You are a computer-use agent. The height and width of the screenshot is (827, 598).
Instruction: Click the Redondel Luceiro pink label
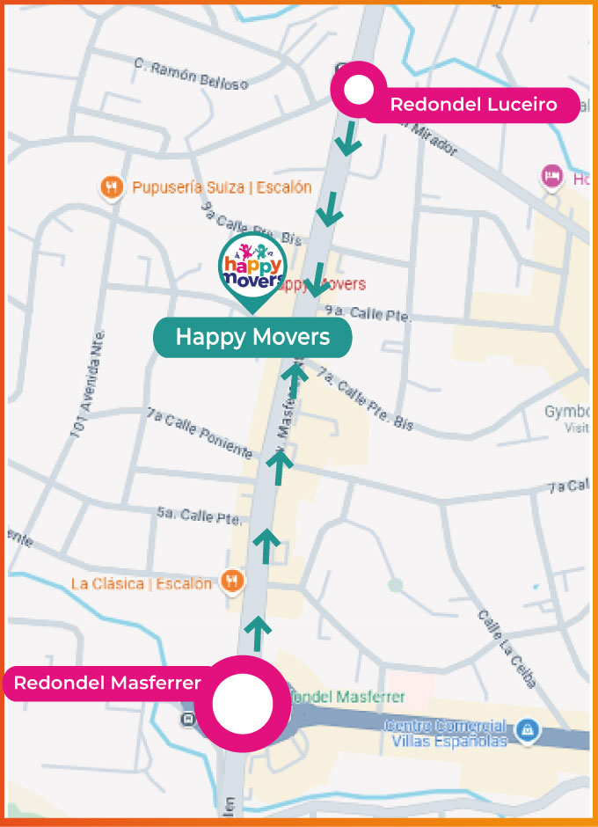click(473, 105)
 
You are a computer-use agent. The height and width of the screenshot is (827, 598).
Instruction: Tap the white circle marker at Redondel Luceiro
click(357, 90)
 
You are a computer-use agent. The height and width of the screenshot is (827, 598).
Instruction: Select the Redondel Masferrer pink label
click(107, 683)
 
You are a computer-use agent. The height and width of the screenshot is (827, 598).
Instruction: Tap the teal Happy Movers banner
click(252, 337)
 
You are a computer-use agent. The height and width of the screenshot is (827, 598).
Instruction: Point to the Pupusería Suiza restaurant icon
click(110, 187)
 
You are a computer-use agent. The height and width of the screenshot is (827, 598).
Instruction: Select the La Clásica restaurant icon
click(231, 582)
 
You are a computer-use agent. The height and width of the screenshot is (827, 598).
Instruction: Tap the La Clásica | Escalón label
click(141, 583)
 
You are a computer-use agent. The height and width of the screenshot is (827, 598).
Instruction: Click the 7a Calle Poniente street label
click(200, 432)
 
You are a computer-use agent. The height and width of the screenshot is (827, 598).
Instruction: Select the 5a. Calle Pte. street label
click(199, 516)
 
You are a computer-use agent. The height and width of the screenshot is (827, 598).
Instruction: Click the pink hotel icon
click(552, 176)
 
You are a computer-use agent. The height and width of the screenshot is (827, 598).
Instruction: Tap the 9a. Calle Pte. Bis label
click(251, 223)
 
